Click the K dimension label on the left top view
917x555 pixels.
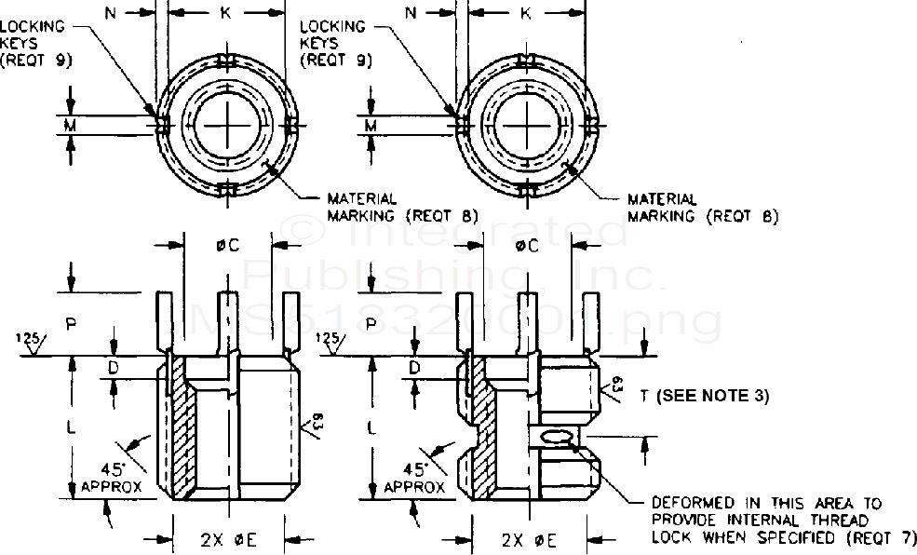(225, 14)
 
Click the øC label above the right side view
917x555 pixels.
(528, 246)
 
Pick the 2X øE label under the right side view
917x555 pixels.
(528, 537)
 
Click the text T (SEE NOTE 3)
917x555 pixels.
(704, 396)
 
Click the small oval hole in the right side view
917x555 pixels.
(555, 437)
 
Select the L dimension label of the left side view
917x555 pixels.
(71, 427)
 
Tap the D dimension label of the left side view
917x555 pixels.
(114, 369)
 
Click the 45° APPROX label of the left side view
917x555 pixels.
(109, 478)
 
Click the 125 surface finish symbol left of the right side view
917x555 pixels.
(327, 341)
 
